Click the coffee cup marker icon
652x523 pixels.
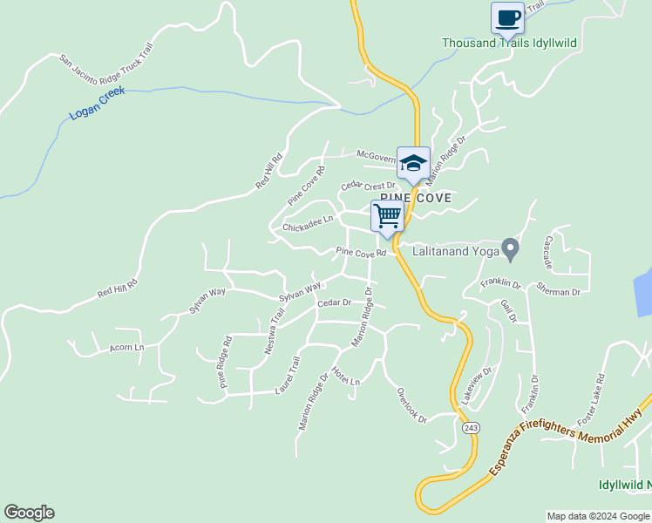point(507,17)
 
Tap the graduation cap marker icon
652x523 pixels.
point(413,162)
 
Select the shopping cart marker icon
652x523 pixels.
point(387,215)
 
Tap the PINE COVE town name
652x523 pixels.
point(416,199)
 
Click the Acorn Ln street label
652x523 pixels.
point(126,347)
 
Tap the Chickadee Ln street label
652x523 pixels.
point(308,225)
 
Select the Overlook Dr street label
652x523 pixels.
point(411,405)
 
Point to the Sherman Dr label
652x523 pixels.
point(559,293)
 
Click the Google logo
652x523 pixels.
point(29,513)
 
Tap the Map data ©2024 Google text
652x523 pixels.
point(599,516)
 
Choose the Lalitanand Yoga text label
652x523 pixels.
point(451,249)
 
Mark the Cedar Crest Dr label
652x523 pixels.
point(368,186)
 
